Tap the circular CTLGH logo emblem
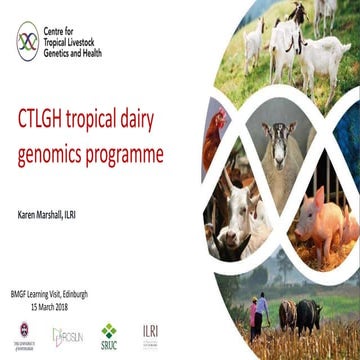coord(28,41)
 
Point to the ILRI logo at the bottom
coord(150,332)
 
